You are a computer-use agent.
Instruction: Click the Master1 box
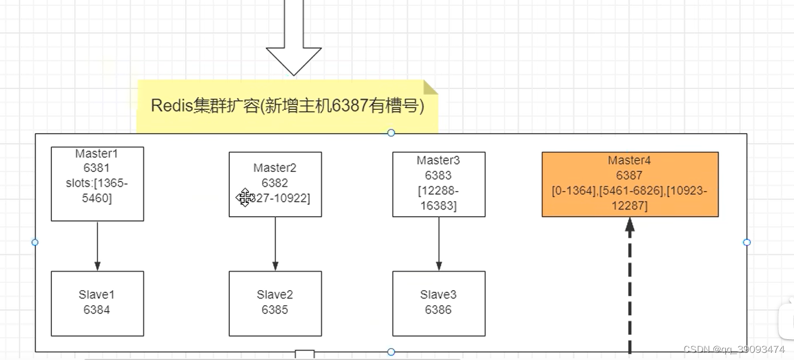(x=97, y=184)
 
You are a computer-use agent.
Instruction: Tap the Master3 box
(x=439, y=184)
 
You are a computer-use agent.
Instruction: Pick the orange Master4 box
(x=630, y=184)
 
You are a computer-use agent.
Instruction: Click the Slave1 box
(x=97, y=303)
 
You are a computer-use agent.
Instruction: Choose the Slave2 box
(x=275, y=303)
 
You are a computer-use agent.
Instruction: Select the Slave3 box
(x=439, y=303)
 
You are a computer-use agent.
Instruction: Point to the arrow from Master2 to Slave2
(x=275, y=244)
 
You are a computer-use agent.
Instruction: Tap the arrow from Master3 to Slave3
(x=439, y=244)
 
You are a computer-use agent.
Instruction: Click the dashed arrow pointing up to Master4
(x=630, y=287)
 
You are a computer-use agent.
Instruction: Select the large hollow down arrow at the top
(x=294, y=42)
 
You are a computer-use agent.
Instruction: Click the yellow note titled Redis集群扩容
(x=287, y=106)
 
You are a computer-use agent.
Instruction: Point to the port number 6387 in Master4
(x=630, y=176)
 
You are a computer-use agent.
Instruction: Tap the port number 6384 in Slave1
(x=97, y=310)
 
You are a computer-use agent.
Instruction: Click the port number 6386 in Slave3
(x=438, y=310)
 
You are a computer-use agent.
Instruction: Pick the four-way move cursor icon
(x=245, y=198)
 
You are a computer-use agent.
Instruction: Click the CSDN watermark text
(x=734, y=349)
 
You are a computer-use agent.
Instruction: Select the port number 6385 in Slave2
(x=275, y=310)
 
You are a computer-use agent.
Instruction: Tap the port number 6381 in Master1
(x=97, y=168)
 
